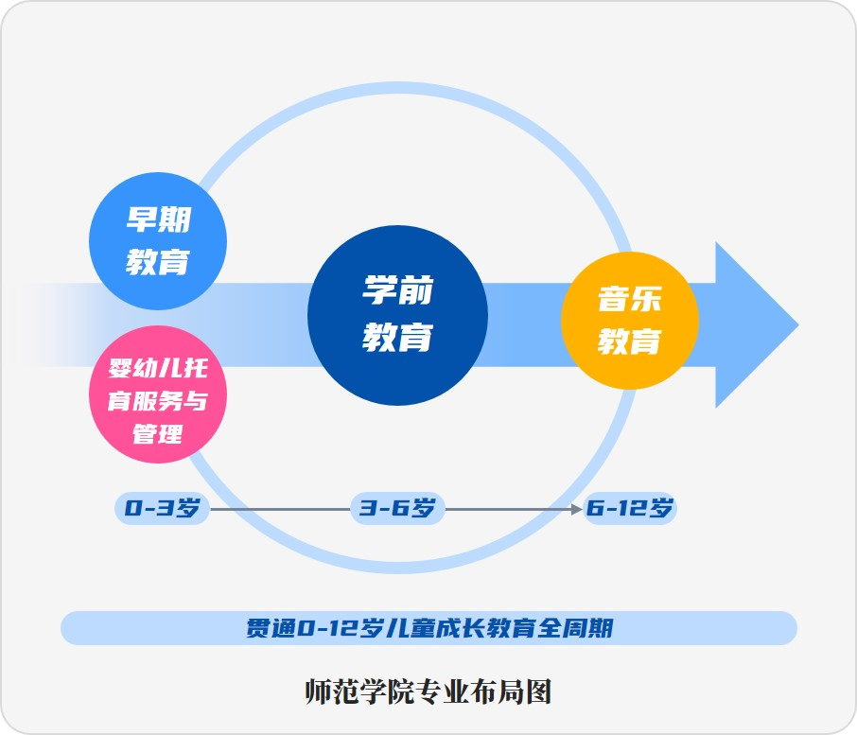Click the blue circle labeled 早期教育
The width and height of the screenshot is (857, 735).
click(158, 240)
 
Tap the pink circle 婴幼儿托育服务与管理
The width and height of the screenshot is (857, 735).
click(158, 394)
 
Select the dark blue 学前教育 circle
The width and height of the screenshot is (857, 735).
click(398, 315)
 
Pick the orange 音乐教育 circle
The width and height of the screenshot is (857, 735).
click(630, 320)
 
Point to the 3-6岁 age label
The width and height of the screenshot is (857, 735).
click(397, 509)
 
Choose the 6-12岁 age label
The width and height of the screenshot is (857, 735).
click(630, 509)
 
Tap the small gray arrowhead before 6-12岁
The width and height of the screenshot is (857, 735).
click(577, 509)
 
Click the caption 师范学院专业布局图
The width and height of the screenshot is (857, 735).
click(428, 692)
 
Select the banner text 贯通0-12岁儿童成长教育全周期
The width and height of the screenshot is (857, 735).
click(429, 628)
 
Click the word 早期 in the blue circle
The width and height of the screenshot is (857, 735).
click(158, 219)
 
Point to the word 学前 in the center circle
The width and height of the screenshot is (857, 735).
click(398, 290)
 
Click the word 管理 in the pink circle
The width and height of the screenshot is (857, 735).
click(158, 435)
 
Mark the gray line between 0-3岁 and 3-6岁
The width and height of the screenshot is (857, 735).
click(279, 509)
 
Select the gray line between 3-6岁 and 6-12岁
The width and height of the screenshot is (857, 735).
click(511, 509)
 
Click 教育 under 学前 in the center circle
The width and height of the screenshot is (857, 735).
click(398, 337)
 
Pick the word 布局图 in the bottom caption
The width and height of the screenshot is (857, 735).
click(519, 692)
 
